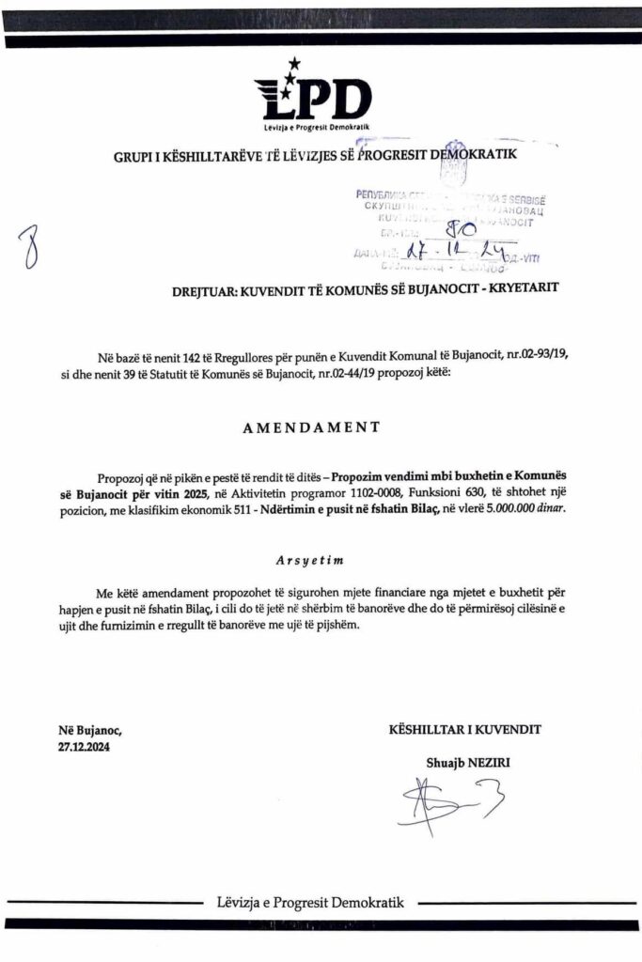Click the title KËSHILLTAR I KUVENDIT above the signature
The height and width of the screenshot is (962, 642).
click(465, 728)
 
